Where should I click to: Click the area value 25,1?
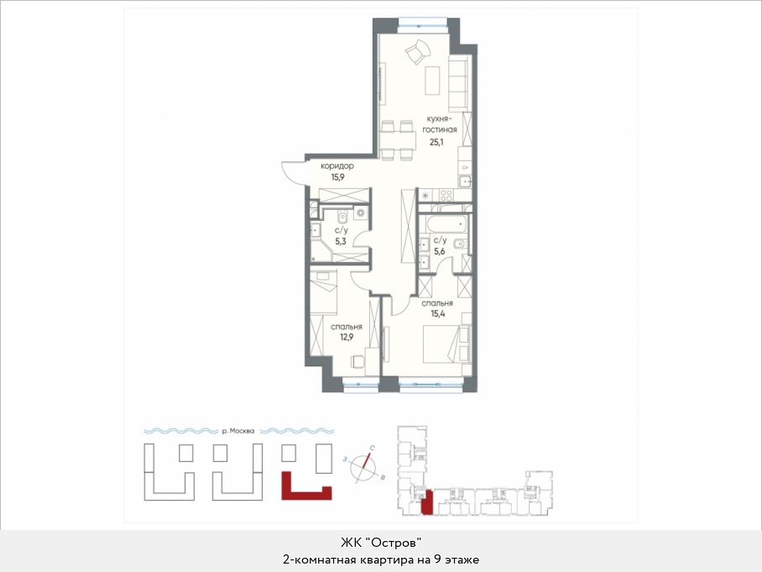pyautogui.click(x=436, y=143)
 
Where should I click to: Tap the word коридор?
pyautogui.click(x=337, y=165)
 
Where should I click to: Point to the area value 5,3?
pyautogui.click(x=340, y=241)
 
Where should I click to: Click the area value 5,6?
pyautogui.click(x=439, y=251)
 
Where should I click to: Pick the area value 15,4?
pyautogui.click(x=438, y=314)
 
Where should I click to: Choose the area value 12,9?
pyautogui.click(x=347, y=337)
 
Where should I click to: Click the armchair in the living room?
pyautogui.click(x=417, y=51)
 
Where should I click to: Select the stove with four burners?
pyautogui.click(x=446, y=196)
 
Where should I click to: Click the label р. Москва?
pyautogui.click(x=237, y=431)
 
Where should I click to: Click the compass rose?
pyautogui.click(x=364, y=467)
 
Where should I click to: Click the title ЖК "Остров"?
pyautogui.click(x=380, y=542)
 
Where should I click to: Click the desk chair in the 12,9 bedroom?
pyautogui.click(x=358, y=362)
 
